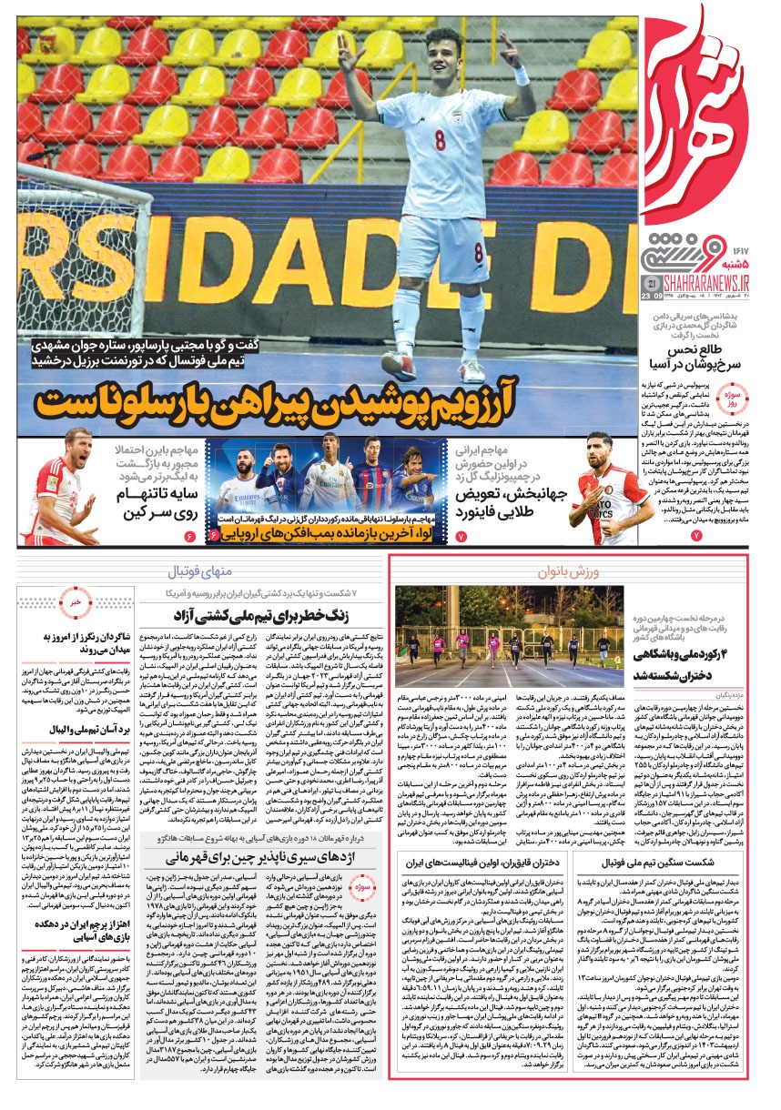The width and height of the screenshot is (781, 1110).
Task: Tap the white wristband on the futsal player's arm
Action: tap(521, 76)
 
